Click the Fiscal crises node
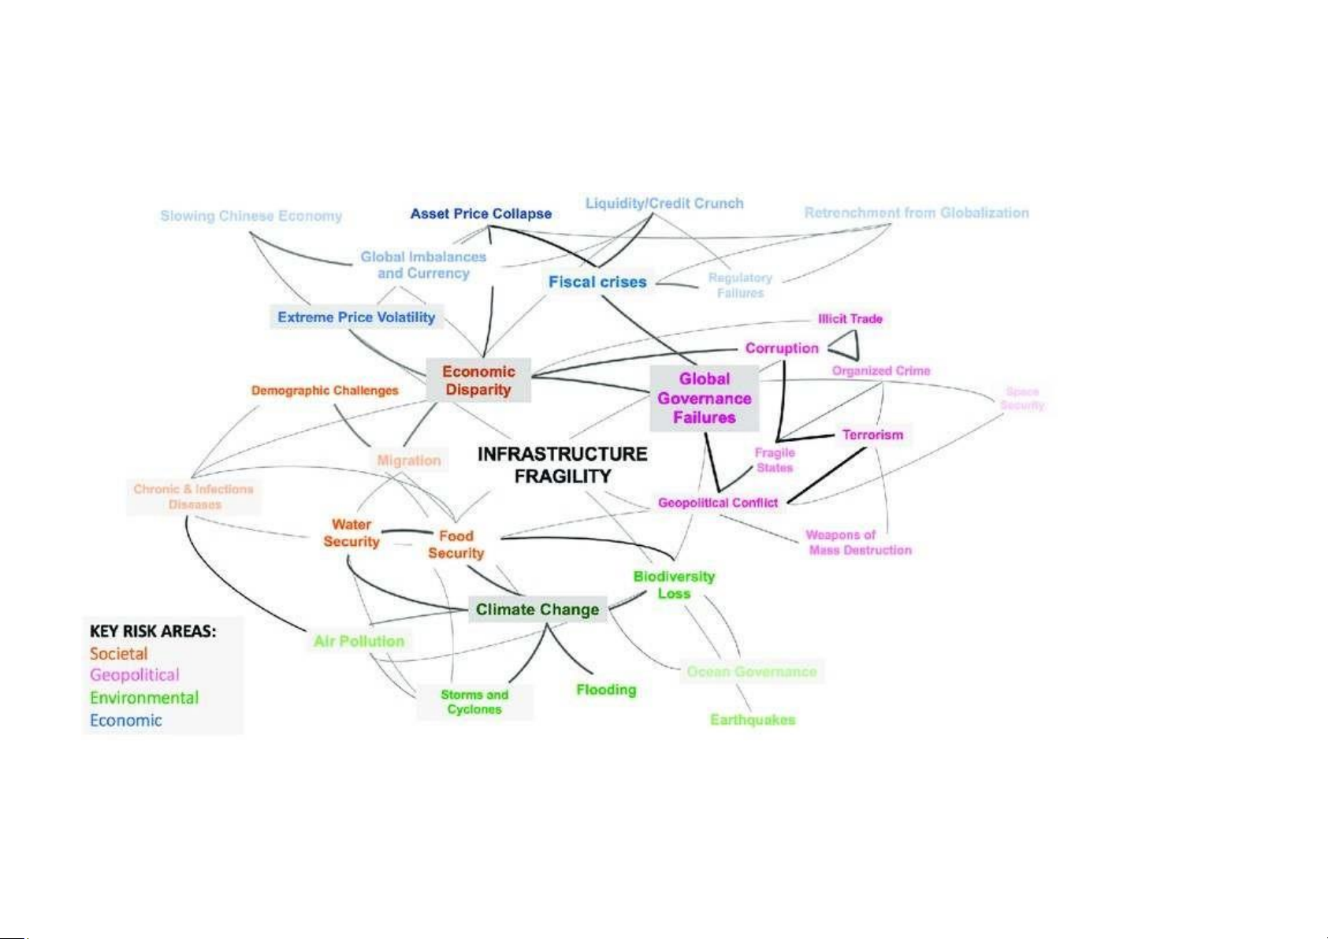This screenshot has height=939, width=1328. pyautogui.click(x=597, y=282)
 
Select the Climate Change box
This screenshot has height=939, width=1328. pyautogui.click(x=538, y=610)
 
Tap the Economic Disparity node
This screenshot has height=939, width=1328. pyautogui.click(x=478, y=380)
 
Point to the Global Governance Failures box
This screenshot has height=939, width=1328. pyautogui.click(x=705, y=399)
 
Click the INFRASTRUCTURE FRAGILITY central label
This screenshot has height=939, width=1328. pyautogui.click(x=563, y=465)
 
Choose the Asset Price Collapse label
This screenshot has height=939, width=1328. pyautogui.click(x=481, y=213)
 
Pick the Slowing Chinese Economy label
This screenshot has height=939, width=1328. pyautogui.click(x=251, y=216)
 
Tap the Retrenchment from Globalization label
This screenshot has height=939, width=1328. pyautogui.click(x=917, y=213)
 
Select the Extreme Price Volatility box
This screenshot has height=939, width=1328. pyautogui.click(x=356, y=317)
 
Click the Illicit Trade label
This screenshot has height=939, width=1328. pyautogui.click(x=850, y=319)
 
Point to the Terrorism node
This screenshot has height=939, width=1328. pyautogui.click(x=872, y=435)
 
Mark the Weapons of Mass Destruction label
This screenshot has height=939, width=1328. pyautogui.click(x=859, y=543)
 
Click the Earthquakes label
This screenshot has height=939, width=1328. pyautogui.click(x=753, y=720)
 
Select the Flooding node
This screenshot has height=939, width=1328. pyautogui.click(x=606, y=690)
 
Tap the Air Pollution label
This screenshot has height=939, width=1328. pyautogui.click(x=359, y=641)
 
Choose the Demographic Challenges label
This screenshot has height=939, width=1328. pyautogui.click(x=325, y=391)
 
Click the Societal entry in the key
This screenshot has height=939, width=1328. pyautogui.click(x=119, y=654)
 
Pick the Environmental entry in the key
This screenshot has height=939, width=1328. pyautogui.click(x=144, y=698)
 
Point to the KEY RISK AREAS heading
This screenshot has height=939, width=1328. pyautogui.click(x=153, y=631)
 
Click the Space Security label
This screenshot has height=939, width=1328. pyautogui.click(x=1022, y=399)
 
